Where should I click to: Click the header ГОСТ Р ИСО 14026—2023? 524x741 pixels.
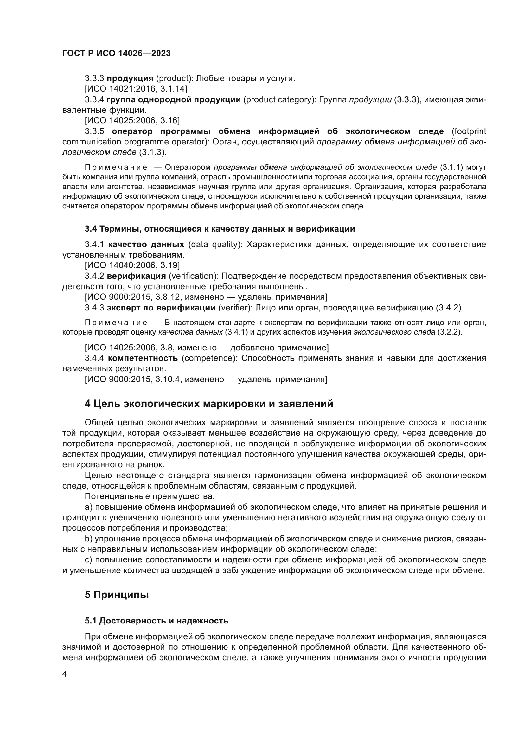click(x=116, y=54)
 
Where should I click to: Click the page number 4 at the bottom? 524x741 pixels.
click(x=64, y=674)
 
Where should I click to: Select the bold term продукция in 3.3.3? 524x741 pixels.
click(x=130, y=79)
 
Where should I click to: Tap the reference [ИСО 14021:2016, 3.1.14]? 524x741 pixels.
click(x=136, y=89)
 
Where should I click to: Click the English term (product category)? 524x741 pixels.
click(x=279, y=100)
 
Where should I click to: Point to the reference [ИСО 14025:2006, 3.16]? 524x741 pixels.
click(x=132, y=121)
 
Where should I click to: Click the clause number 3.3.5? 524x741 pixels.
click(x=94, y=131)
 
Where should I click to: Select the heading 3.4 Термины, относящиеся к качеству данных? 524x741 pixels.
click(x=220, y=229)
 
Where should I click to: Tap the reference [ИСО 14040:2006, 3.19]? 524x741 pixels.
click(x=132, y=265)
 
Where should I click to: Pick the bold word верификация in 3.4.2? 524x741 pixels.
click(x=136, y=276)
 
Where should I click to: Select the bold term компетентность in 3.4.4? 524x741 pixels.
click(x=143, y=358)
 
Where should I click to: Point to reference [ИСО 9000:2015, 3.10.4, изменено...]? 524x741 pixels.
click(x=206, y=379)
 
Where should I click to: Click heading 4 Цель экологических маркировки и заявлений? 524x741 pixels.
click(x=209, y=404)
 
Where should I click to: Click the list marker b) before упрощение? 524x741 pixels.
click(x=88, y=539)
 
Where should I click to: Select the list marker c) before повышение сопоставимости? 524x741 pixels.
click(x=88, y=559)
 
